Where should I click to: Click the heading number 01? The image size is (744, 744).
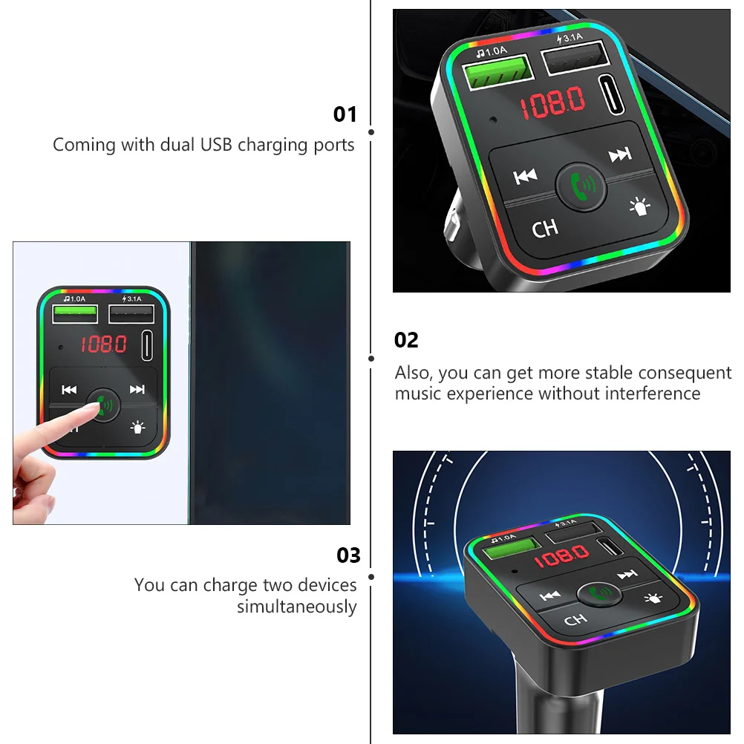tap(345, 114)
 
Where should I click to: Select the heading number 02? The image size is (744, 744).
tap(406, 340)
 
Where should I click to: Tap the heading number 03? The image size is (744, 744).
tap(348, 555)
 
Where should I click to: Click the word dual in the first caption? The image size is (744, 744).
tap(178, 145)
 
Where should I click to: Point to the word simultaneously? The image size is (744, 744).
tap(297, 607)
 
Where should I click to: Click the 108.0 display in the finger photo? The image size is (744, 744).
tap(103, 344)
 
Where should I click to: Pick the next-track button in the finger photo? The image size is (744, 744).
tap(137, 389)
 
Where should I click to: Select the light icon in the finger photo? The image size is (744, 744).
tap(137, 427)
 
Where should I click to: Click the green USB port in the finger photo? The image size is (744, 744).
tap(75, 315)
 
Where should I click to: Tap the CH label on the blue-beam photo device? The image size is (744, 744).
tap(575, 620)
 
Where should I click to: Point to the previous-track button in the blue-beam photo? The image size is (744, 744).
tap(550, 595)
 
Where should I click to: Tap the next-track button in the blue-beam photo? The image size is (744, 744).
tap(627, 574)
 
